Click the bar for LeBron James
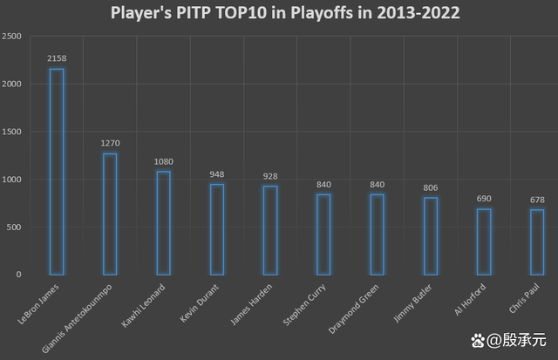coord(57,172)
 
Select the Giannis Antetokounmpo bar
coord(110,214)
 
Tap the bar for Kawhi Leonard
coord(163,223)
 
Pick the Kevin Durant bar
coord(217,229)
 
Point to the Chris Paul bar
coord(537,242)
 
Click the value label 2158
coord(57,58)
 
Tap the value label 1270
coord(110,143)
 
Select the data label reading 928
coord(270,176)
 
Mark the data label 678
coord(537,200)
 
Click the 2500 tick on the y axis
coord(13,37)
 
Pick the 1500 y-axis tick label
coord(13,132)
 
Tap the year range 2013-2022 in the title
coord(413,13)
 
